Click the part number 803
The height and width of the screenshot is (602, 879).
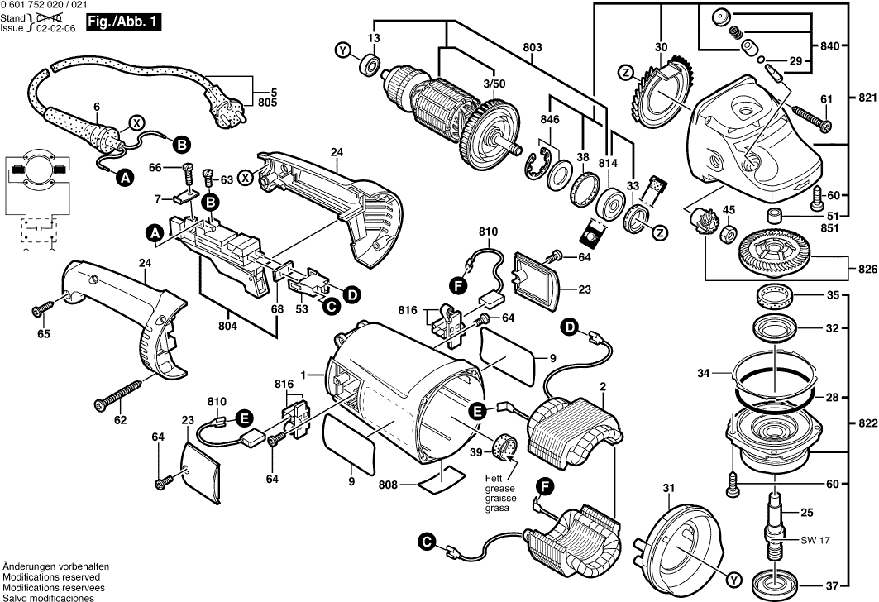click(x=533, y=49)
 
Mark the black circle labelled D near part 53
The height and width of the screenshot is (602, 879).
click(x=351, y=293)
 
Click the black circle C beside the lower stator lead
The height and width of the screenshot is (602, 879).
click(x=426, y=542)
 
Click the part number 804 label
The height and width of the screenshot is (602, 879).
click(x=228, y=326)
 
